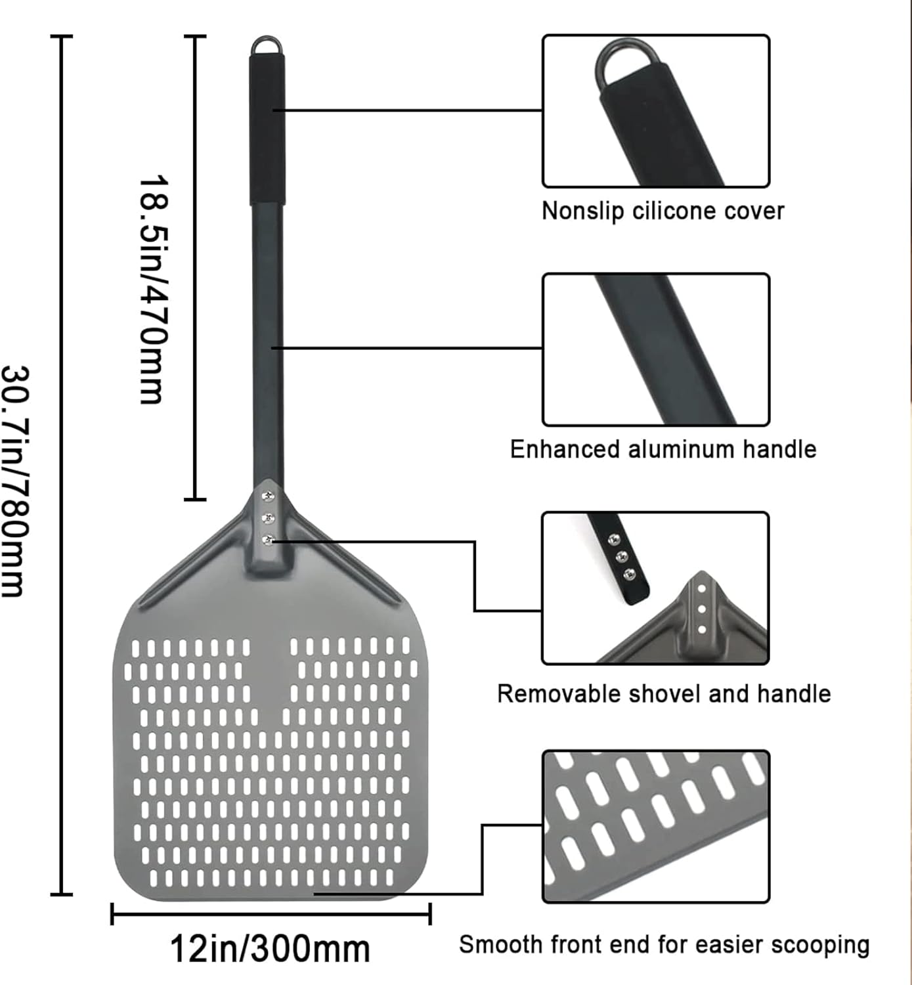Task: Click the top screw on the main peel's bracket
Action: pos(267,496)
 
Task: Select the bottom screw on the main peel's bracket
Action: pos(267,540)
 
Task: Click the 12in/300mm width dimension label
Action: pos(270,949)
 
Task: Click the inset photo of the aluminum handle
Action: pos(655,349)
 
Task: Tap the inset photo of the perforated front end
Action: pos(655,826)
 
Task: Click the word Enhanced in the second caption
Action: pos(565,449)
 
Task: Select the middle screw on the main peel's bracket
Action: pos(267,519)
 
